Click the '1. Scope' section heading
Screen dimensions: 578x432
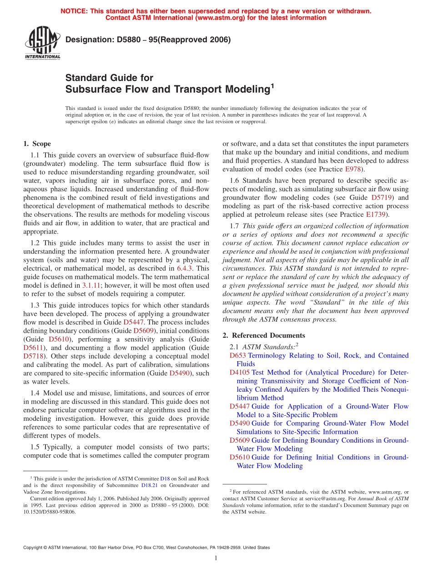37,144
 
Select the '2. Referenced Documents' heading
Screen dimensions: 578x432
264,335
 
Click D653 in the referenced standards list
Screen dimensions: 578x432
238,355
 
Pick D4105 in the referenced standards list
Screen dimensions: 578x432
240,372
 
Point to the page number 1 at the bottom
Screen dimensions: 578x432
216,558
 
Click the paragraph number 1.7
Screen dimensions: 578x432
235,226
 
